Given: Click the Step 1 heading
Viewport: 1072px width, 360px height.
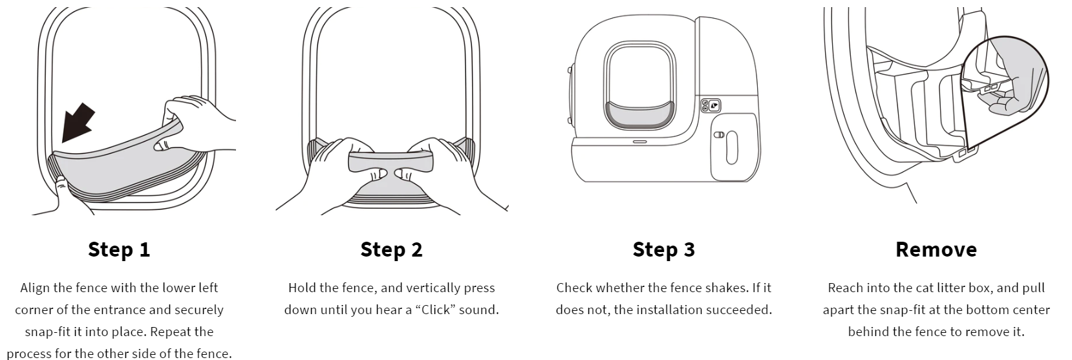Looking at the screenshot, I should pyautogui.click(x=119, y=249).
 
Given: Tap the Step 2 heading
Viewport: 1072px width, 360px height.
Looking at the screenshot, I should pyautogui.click(x=391, y=249).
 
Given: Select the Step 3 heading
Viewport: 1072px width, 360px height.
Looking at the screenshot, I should pyautogui.click(x=663, y=249).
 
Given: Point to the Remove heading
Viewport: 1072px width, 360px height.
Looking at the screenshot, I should pyautogui.click(x=936, y=249).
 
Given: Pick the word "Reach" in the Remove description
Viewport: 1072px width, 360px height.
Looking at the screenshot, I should pyautogui.click(x=846, y=288).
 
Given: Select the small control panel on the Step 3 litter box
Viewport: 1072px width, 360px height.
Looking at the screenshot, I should pyautogui.click(x=711, y=105).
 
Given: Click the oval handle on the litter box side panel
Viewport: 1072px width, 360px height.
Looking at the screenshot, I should pyautogui.click(x=731, y=147).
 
